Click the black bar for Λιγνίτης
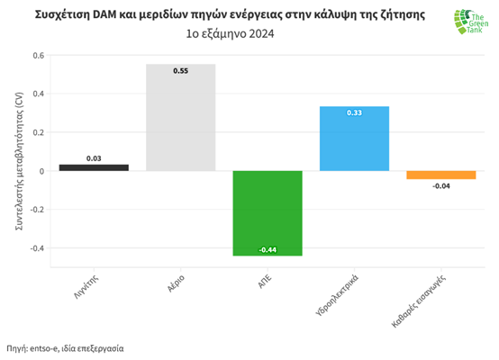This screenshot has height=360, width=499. point(94,167)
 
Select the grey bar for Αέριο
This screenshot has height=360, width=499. point(181,117)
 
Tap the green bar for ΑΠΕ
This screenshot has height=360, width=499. point(268,213)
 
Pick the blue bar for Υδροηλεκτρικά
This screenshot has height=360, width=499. point(355,139)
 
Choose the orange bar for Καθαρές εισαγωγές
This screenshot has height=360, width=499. point(441,175)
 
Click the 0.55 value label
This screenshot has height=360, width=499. point(181,71)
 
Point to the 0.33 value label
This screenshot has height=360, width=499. point(355,112)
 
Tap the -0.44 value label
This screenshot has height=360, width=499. point(268,250)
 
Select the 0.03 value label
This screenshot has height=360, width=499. point(94,158)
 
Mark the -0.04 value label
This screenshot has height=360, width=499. point(441,186)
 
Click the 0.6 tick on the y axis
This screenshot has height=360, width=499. point(39,56)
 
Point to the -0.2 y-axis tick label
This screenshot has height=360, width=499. point(37,210)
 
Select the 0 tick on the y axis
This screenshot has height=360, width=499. point(41,171)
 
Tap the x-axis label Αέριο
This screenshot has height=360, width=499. point(176,283)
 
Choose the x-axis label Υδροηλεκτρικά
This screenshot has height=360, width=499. point(337,295)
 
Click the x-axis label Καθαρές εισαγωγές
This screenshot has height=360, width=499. point(418,301)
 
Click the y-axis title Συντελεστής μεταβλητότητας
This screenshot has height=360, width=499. point(19,161)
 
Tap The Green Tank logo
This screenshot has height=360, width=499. point(471,22)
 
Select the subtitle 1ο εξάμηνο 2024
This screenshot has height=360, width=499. point(230,33)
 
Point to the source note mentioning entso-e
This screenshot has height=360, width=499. point(65,348)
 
